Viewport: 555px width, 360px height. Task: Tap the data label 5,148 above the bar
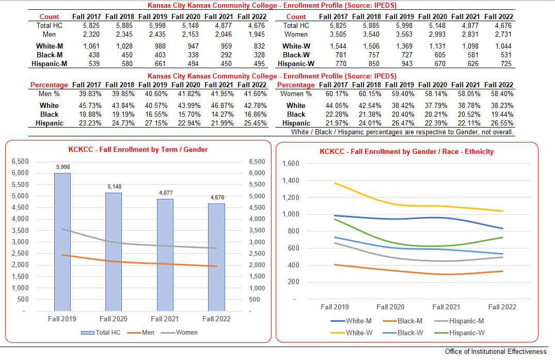pyautogui.click(x=114, y=186)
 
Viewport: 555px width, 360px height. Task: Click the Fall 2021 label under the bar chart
pyautogui.click(x=165, y=319)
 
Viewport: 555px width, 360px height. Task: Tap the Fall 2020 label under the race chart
pyautogui.click(x=390, y=307)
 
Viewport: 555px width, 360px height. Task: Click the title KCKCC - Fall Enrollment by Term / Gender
pyautogui.click(x=138, y=150)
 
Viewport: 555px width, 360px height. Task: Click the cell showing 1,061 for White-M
pyautogui.click(x=86, y=46)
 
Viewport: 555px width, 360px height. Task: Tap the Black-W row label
pyautogui.click(x=296, y=55)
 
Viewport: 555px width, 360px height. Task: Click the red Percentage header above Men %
pyautogui.click(x=49, y=85)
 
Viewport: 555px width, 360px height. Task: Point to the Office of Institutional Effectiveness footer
pyautogui.click(x=495, y=352)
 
